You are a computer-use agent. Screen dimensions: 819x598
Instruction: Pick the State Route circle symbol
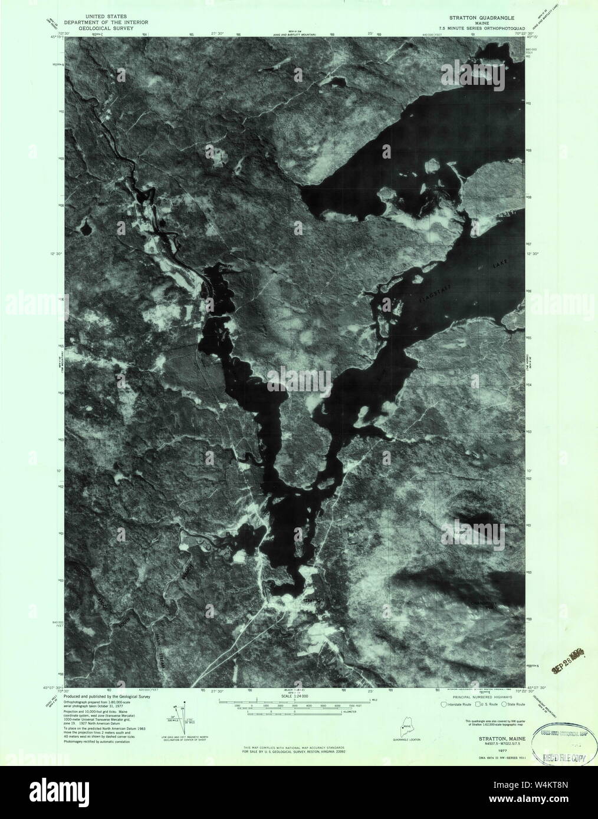pos(505,704)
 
